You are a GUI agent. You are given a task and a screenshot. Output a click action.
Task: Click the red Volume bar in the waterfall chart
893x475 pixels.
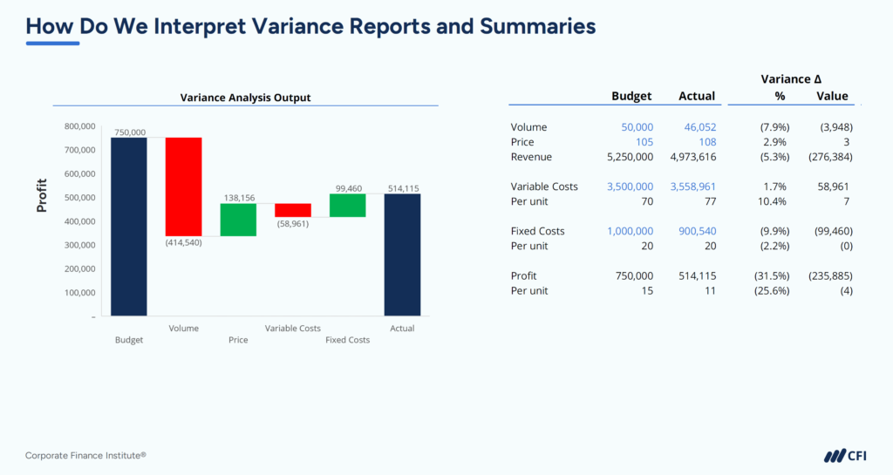(x=183, y=187)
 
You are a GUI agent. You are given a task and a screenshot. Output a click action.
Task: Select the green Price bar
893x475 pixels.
(x=238, y=220)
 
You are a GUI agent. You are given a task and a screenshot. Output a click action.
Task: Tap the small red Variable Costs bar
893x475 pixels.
(x=293, y=210)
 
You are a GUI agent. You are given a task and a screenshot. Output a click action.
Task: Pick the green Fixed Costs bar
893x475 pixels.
(x=347, y=205)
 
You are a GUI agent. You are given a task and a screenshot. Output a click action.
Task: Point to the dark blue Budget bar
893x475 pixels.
(x=129, y=227)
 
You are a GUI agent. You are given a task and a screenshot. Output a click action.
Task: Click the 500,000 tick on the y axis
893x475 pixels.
(x=79, y=198)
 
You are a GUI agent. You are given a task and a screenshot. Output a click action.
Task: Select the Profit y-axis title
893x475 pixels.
(x=42, y=197)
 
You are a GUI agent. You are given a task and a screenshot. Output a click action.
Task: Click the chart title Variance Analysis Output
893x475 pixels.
(x=245, y=98)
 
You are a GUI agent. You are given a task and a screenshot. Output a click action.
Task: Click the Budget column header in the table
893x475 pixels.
(x=631, y=96)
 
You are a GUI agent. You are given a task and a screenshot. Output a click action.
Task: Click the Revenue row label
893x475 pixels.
(x=532, y=157)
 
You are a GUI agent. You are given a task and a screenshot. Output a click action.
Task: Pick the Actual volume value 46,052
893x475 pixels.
(x=699, y=127)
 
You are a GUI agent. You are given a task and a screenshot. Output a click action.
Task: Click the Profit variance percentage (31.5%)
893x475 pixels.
(x=774, y=275)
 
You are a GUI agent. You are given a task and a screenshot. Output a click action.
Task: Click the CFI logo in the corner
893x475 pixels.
(x=845, y=455)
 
